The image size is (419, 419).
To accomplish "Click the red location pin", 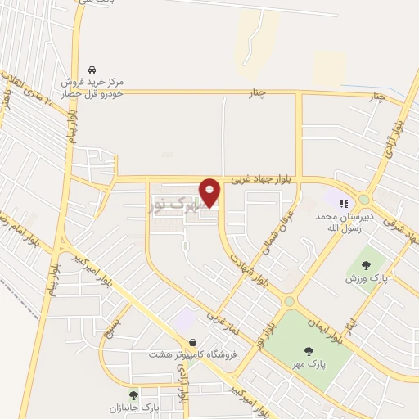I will [x=210, y=192].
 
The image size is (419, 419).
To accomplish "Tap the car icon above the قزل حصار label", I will [x=92, y=70].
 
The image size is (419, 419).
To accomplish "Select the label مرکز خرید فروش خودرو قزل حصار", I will [x=96, y=89].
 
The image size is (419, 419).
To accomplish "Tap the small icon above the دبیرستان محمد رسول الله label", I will [x=344, y=203].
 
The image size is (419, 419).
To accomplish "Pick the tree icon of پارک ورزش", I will [x=365, y=265].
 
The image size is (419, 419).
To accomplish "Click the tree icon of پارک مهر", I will [x=309, y=351].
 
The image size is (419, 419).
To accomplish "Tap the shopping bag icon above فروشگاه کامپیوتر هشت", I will [x=192, y=342].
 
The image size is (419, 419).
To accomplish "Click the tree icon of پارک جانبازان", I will [x=133, y=395].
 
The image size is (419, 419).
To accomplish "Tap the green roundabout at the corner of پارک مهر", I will [x=288, y=301].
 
